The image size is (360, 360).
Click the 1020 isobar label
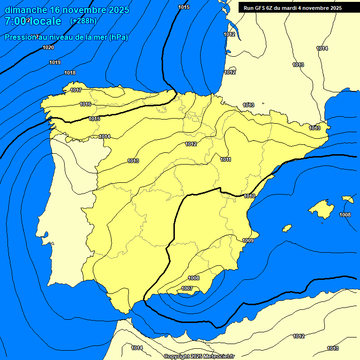tap(48, 47)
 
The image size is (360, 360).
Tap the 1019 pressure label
tap(55, 62)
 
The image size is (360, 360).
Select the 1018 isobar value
tap(70, 73)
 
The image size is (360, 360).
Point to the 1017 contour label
tap(76, 90)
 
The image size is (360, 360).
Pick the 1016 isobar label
tap(85, 104)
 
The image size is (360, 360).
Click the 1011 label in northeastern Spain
tap(225, 159)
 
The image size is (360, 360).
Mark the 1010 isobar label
tap(249, 196)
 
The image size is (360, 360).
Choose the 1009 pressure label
tap(248, 240)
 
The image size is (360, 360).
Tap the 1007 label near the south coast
tap(187, 288)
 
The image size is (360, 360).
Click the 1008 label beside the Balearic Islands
tap(345, 215)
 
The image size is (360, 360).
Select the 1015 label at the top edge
tap(184, 7)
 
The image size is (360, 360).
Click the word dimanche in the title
tap(26, 10)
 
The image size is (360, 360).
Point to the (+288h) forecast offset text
tap(83, 21)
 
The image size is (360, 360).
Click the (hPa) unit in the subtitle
tap(119, 37)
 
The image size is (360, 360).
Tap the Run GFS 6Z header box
tap(292, 7)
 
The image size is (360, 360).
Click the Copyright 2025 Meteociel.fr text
tap(199, 356)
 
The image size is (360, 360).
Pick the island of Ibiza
tap(287, 228)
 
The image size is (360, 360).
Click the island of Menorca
tap(348, 199)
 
